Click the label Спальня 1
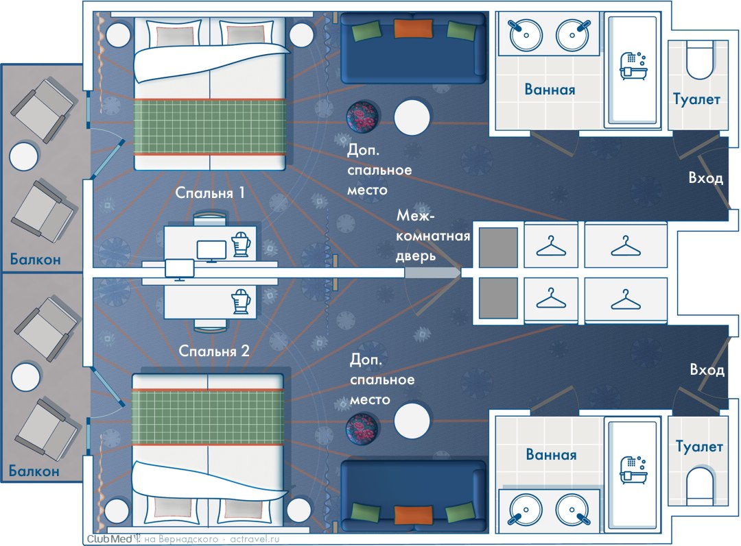[211, 193]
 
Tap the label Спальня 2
[213, 351]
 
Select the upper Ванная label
[550, 89]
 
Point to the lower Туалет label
[699, 447]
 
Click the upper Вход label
[706, 178]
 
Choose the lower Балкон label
[35, 471]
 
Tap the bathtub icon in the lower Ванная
[631, 467]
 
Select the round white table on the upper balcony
[24, 156]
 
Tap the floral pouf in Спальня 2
[362, 427]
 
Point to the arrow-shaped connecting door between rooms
[432, 273]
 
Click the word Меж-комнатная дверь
[433, 236]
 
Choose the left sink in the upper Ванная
[526, 34]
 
